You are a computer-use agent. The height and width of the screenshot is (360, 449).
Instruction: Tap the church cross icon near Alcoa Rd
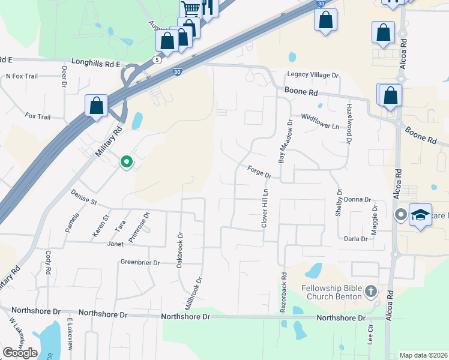pos(370,292)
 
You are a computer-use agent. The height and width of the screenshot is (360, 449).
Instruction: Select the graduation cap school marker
pos(421,215)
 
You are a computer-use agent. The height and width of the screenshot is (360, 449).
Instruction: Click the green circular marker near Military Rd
pos(126,161)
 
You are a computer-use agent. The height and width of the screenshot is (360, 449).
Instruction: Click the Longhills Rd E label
pos(96,62)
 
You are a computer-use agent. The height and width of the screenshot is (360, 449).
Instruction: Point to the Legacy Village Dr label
pos(313,76)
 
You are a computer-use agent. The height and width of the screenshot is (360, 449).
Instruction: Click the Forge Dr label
pos(260,172)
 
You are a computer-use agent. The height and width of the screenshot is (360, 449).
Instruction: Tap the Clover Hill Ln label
pos(264,208)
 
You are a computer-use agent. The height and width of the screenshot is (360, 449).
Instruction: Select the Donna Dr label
pos(358,200)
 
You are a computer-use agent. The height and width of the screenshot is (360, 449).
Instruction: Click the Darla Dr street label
pos(355,239)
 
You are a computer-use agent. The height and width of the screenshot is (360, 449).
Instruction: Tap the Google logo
pos(20,352)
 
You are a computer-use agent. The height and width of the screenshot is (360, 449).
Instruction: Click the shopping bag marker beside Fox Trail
pos(96,106)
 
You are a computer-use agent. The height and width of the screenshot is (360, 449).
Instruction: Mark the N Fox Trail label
pos(22,76)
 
